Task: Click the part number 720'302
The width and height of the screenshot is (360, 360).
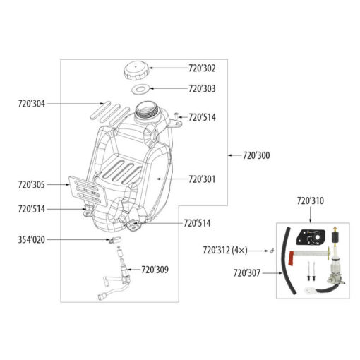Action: [202, 68]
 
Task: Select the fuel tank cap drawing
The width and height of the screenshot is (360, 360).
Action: [136, 71]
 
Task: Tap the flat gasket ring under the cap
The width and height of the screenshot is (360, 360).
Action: [140, 90]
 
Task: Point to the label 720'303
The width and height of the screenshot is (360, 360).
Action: [202, 89]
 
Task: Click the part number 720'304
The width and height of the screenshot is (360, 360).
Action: [32, 104]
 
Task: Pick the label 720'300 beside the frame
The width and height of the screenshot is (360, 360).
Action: [256, 155]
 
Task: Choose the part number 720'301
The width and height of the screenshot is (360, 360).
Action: [202, 179]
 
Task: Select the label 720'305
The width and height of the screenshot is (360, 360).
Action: [32, 185]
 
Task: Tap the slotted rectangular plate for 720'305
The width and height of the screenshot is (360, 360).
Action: [88, 191]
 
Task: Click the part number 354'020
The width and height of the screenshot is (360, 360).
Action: [32, 240]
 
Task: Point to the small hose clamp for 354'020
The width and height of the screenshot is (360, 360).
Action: [115, 239]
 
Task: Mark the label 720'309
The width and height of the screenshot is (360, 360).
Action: [155, 270]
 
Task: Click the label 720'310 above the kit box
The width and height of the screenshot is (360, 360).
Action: [311, 201]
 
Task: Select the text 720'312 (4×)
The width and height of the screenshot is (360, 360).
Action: [225, 251]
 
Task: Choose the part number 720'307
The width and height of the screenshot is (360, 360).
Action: [247, 273]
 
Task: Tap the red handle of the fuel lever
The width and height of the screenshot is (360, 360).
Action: [291, 258]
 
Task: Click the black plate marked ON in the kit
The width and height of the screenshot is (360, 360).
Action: [311, 237]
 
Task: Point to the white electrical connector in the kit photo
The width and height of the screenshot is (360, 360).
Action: [309, 291]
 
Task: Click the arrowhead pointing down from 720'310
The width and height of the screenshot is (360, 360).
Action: [311, 221]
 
